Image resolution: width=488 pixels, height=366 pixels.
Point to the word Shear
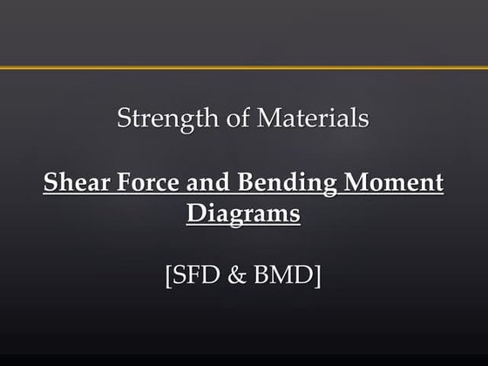tap(72, 185)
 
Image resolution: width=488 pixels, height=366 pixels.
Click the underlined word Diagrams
tap(243, 212)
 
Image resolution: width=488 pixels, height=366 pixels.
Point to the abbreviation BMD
tap(284, 277)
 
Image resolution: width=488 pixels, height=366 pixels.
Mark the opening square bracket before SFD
tap(168, 278)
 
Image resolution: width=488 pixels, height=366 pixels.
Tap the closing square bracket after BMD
tap(318, 278)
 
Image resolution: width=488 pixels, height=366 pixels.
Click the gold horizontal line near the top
tap(244, 67)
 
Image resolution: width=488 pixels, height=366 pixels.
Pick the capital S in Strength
tap(124, 119)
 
